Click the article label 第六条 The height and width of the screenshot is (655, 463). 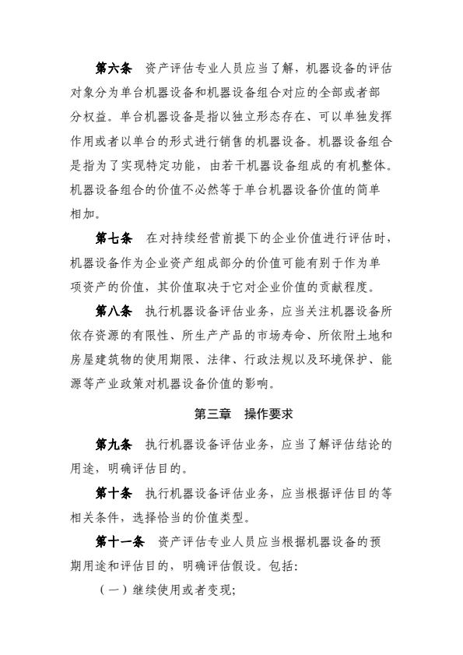(x=114, y=72)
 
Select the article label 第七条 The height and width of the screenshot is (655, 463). (x=114, y=238)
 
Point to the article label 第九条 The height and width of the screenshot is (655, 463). (x=114, y=445)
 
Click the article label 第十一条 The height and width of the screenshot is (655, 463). (x=121, y=541)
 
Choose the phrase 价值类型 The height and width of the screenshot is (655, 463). (x=230, y=517)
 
